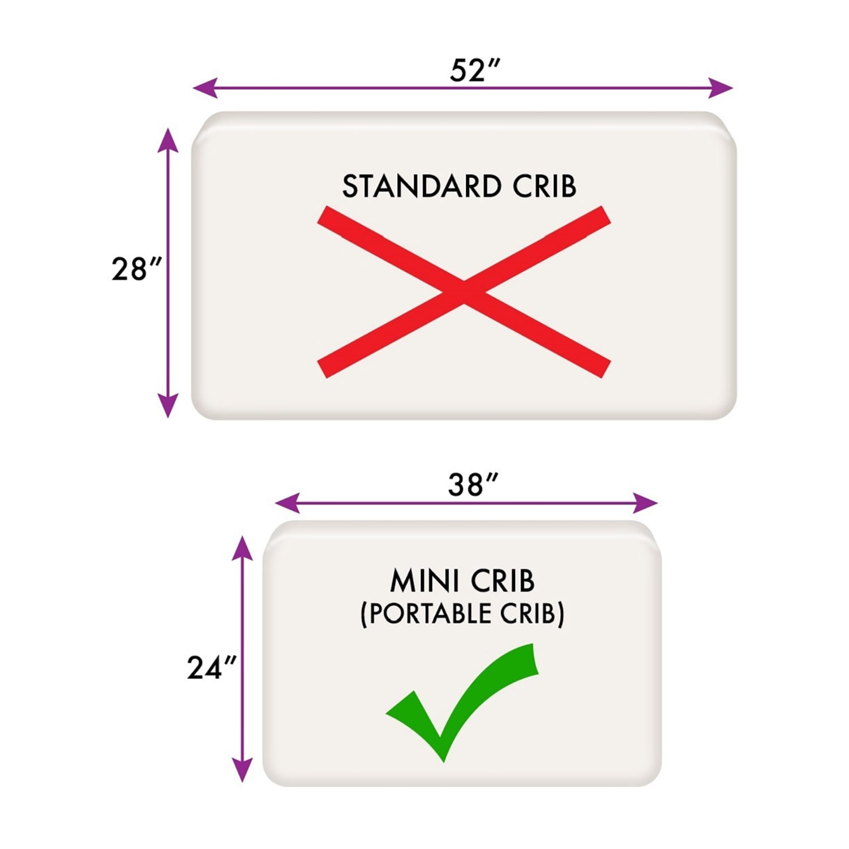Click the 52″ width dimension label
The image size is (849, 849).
[x=475, y=71]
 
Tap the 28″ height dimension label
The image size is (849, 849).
[x=136, y=269]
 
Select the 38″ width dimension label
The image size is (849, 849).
[x=473, y=485]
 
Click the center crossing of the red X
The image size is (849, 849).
[x=464, y=291]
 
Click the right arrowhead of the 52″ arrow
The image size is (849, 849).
[x=721, y=88]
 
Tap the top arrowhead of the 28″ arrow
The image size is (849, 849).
[x=168, y=140]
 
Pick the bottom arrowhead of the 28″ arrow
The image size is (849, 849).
[x=168, y=405]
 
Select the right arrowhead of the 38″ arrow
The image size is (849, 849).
[x=646, y=503]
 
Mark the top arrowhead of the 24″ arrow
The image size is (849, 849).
[x=242, y=548]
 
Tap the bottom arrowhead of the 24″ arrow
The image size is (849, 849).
[x=242, y=770]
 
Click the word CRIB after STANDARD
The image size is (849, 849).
[x=544, y=186]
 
